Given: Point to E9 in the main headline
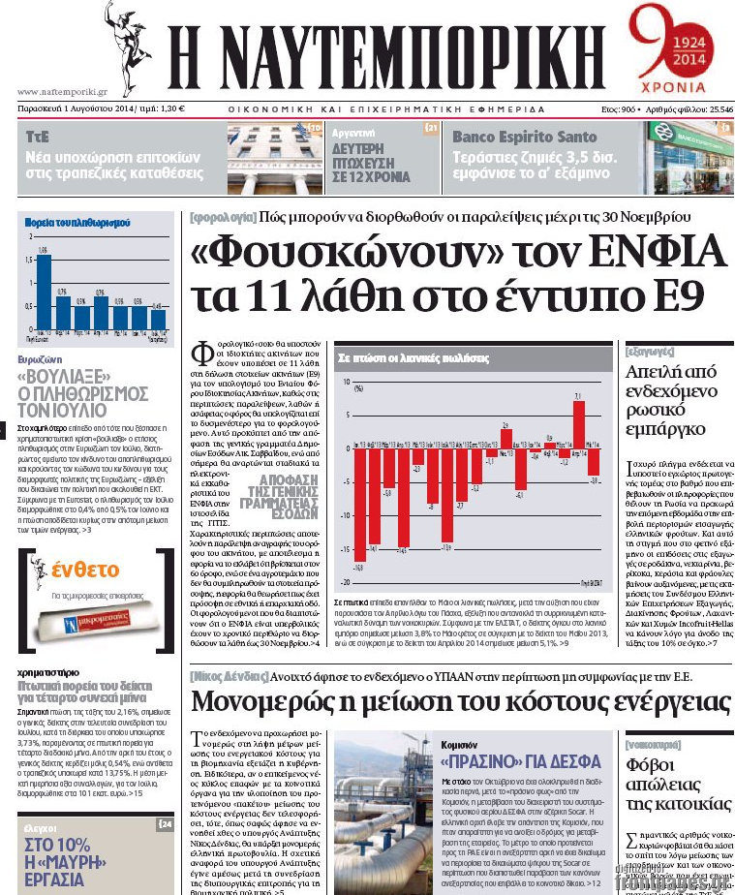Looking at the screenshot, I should point(678,295).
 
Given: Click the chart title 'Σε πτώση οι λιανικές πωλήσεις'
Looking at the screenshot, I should point(404,357).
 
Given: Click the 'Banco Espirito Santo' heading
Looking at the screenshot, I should point(524,137).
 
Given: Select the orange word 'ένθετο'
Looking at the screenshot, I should point(86,571).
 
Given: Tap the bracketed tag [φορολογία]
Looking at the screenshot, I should point(223,218).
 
